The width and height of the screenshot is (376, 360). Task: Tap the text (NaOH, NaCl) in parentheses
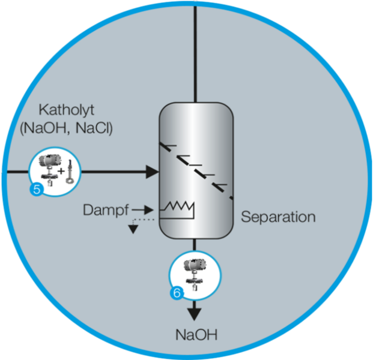click(66, 128)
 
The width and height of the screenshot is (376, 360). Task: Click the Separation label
click(277, 217)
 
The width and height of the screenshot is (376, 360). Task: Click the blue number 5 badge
click(35, 190)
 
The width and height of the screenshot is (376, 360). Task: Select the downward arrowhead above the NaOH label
click(195, 313)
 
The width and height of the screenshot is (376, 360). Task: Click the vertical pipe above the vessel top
click(195, 48)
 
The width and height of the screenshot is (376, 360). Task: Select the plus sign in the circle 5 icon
click(60, 172)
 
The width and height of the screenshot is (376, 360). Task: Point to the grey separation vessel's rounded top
click(195, 111)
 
